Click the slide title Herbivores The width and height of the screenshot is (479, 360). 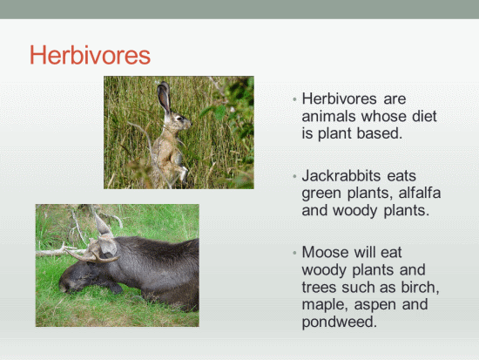click(90, 55)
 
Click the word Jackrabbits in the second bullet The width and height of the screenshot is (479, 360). click(341, 176)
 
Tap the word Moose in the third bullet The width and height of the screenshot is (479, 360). click(325, 252)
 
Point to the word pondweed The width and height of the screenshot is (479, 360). click(340, 322)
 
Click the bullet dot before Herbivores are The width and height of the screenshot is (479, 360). click(294, 99)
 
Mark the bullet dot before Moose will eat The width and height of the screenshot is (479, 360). click(294, 253)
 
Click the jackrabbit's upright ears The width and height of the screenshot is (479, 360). click(164, 98)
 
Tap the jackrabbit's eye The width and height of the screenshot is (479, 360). click(179, 118)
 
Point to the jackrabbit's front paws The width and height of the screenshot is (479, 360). click(183, 173)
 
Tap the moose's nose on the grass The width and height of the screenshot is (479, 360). click(64, 288)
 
